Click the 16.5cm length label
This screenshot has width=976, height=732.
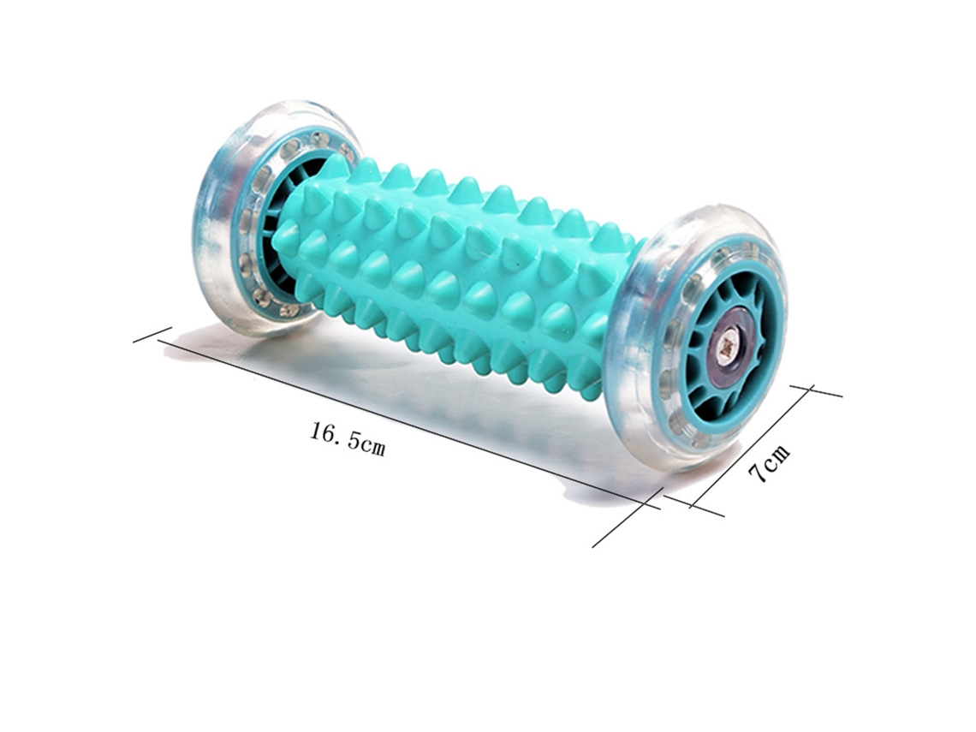click(348, 439)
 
